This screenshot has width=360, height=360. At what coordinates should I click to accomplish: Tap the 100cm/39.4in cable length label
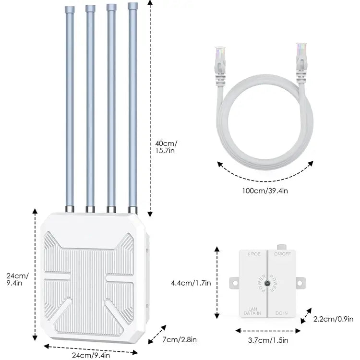pyautogui.click(x=265, y=191)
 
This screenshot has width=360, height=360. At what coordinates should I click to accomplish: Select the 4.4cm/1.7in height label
pyautogui.click(x=191, y=283)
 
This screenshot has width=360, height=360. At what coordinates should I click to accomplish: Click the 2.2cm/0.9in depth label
pyautogui.click(x=333, y=318)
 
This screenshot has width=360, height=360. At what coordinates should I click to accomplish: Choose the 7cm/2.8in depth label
pyautogui.click(x=180, y=340)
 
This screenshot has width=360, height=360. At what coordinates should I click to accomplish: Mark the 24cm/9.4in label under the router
pyautogui.click(x=91, y=355)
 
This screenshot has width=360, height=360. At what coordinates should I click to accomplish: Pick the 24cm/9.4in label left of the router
pyautogui.click(x=17, y=279)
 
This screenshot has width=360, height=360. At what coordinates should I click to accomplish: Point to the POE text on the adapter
pyautogui.click(x=254, y=253)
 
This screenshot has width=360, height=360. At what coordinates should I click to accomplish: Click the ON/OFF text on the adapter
pyautogui.click(x=282, y=253)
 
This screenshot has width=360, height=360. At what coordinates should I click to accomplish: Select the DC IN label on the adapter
pyautogui.click(x=281, y=313)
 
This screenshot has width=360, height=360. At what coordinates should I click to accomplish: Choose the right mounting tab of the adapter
pyautogui.click(x=302, y=283)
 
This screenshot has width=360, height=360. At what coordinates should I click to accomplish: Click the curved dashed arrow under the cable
pyautogui.click(x=265, y=177)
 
